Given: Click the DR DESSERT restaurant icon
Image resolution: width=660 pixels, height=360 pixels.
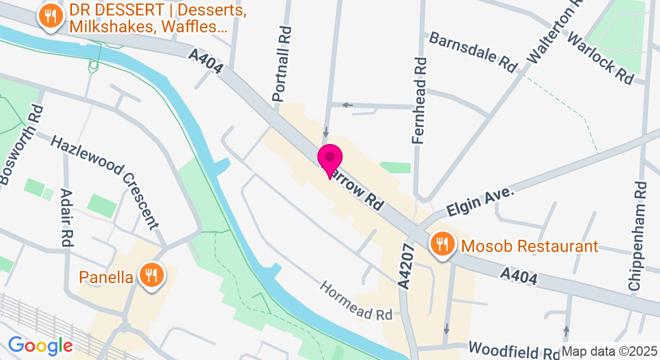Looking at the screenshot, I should tap(51, 16).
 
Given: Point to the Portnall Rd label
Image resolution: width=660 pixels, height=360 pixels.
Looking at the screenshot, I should tap(281, 63).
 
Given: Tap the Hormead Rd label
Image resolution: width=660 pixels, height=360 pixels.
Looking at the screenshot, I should tap(356, 301).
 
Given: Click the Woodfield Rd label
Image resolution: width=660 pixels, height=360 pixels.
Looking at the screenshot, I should tap(514, 349).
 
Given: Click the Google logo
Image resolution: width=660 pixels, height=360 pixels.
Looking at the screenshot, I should tap(40, 346).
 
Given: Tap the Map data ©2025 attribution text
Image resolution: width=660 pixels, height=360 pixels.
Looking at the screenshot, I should tap(609, 351).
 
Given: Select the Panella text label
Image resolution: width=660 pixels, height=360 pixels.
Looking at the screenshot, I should tap(106, 277).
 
